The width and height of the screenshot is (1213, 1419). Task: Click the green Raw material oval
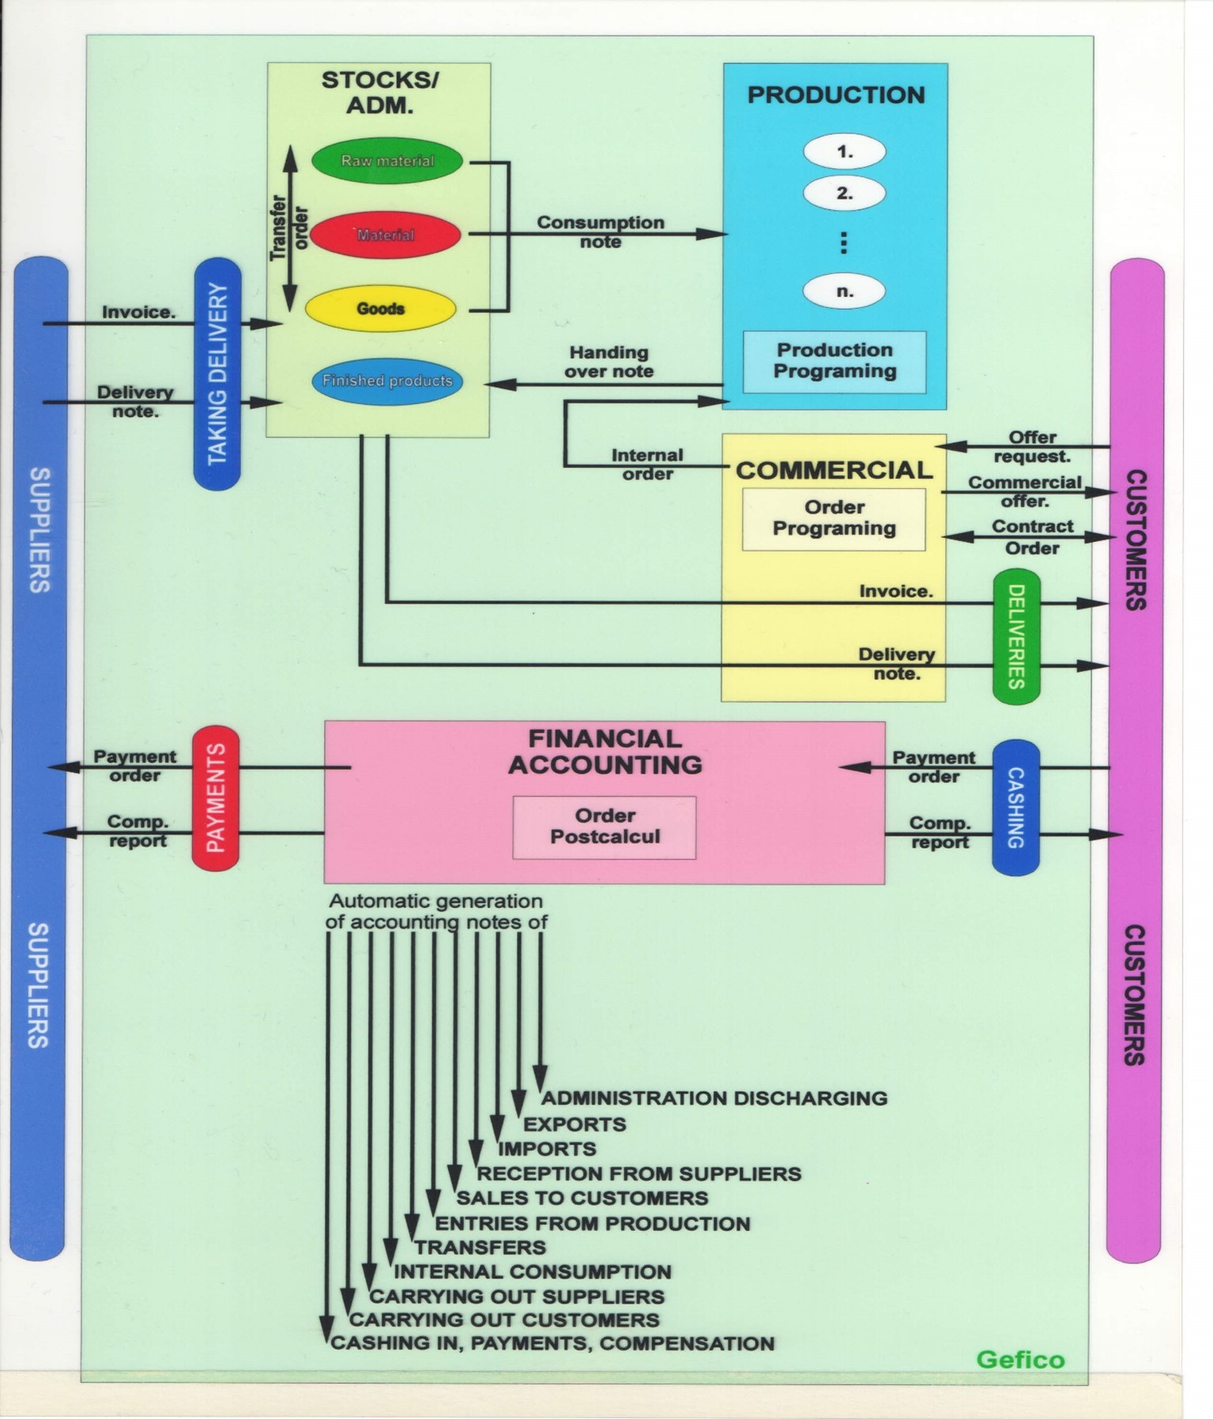tap(386, 160)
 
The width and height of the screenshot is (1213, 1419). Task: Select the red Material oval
tap(385, 235)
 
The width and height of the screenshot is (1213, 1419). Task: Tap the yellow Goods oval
tap(380, 308)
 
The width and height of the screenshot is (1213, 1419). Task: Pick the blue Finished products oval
tap(386, 381)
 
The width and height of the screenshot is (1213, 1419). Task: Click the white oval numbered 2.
tap(844, 193)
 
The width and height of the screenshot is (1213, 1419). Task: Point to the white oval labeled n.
tap(844, 291)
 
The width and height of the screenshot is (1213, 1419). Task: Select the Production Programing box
tap(834, 361)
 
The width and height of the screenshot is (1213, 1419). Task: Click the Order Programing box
tap(834, 518)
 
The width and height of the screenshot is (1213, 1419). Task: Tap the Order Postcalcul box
tap(605, 826)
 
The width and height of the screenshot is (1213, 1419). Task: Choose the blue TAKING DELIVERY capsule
tap(217, 373)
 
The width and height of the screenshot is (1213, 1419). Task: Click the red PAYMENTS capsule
tap(216, 797)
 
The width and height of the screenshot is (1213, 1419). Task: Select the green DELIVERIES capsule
tap(1016, 635)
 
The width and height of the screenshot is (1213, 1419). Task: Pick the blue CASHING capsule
tap(1015, 807)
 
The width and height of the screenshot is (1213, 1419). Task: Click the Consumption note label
tap(601, 231)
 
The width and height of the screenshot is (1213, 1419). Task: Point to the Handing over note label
tap(608, 362)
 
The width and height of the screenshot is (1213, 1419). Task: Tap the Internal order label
tap(647, 465)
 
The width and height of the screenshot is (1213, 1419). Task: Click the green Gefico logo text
tap(1020, 1359)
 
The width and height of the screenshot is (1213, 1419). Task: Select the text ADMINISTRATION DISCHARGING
tap(714, 1098)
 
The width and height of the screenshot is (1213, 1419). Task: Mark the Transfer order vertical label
tap(288, 228)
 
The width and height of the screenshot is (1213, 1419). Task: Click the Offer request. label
tap(1032, 446)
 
